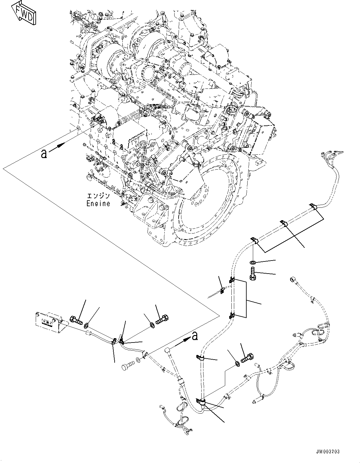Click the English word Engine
(98, 204)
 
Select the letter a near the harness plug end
(194, 336)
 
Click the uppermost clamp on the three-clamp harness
(312, 207)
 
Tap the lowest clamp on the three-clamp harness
(253, 240)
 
